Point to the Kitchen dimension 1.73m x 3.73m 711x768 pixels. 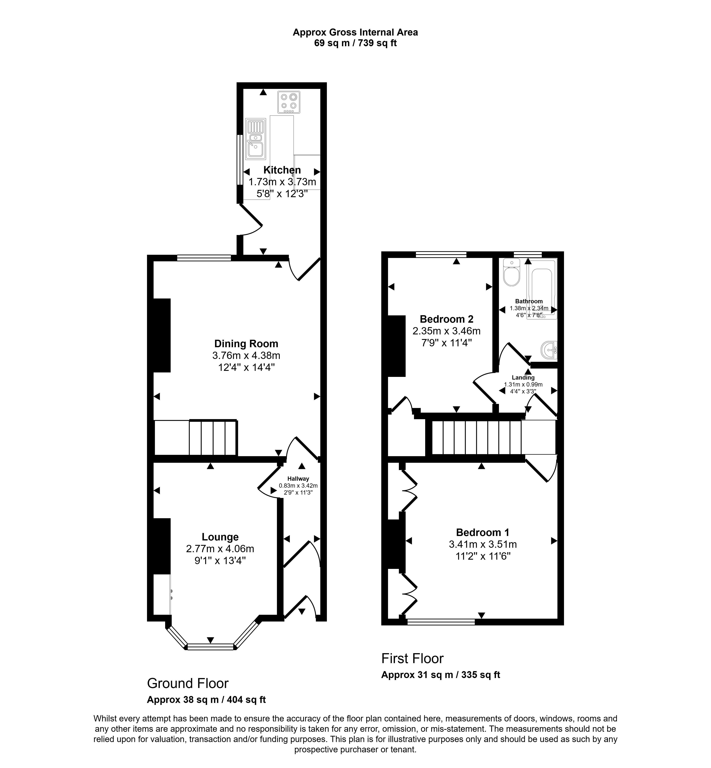tap(282, 182)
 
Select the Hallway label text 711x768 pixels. tap(298, 479)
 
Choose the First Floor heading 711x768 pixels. tap(412, 658)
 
